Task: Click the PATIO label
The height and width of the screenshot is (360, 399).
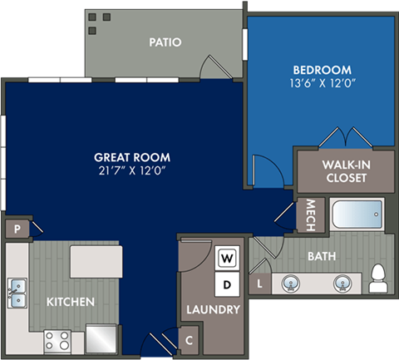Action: point(166,42)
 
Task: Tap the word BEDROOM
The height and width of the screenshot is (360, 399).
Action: point(322,70)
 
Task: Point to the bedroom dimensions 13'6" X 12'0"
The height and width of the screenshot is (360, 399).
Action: point(322,83)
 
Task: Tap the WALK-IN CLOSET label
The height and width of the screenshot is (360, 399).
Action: point(345,170)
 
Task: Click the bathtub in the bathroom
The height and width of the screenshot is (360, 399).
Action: point(357,215)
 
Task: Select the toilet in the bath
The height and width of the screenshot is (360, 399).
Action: point(379,277)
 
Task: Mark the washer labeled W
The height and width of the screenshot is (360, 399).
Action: point(226,259)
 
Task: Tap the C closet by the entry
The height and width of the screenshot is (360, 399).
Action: point(190,339)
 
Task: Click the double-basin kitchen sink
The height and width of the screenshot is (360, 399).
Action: point(17,291)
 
